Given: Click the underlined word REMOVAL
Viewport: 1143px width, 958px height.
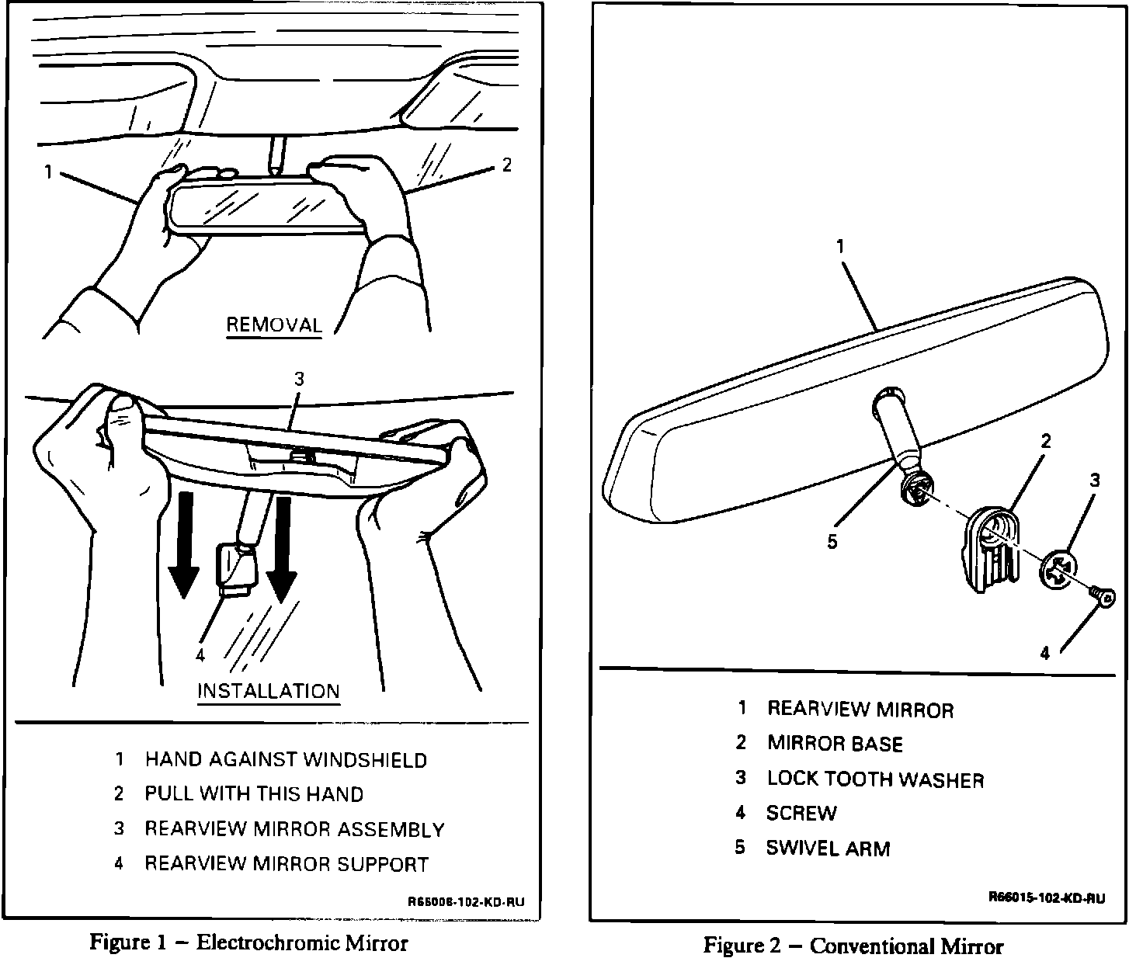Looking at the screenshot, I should [273, 325].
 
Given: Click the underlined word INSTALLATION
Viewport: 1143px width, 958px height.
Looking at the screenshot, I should [268, 691].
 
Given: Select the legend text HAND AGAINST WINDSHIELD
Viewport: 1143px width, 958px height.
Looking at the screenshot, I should [286, 759].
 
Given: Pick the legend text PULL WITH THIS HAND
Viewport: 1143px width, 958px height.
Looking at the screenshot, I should [254, 794].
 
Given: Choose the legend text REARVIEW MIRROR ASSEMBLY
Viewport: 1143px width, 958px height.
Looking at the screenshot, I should [294, 829].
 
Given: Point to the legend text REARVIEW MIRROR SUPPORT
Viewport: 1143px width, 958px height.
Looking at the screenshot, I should [287, 864].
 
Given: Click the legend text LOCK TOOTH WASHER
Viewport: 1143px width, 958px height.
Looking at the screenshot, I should [875, 779].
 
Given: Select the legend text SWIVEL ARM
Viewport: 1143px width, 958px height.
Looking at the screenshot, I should [828, 848].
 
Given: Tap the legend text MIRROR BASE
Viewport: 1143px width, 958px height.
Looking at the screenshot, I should [835, 744].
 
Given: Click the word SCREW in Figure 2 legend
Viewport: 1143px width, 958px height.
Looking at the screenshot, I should [801, 814].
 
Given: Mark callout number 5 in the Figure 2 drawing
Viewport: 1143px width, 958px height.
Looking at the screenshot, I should [832, 542].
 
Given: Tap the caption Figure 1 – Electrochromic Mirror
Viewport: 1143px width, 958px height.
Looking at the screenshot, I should [248, 942].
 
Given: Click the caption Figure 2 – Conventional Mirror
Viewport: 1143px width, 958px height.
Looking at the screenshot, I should [853, 946].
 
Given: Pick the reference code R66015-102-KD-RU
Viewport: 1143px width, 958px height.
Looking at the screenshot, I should [1046, 898].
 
